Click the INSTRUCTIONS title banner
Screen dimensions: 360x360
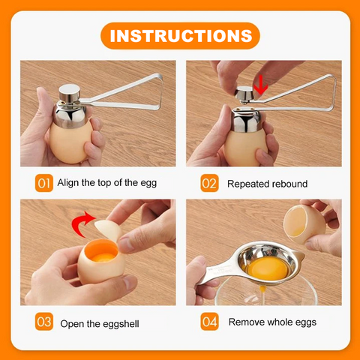coord(180,36)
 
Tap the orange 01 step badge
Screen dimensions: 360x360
coord(44,183)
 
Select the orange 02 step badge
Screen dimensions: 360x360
coord(209,183)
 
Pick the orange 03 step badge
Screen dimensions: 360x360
coord(44,322)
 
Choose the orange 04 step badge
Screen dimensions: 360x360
coord(209,322)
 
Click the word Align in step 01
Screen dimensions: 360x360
coord(68,183)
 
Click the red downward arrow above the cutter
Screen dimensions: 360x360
coord(260,85)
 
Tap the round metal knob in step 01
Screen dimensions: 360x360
coord(69,92)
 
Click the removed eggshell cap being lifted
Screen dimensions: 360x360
coord(107,229)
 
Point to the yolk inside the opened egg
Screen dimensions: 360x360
coord(103,257)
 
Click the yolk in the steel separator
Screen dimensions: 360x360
coord(268,268)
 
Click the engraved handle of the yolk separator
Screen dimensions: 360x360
coord(220,272)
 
